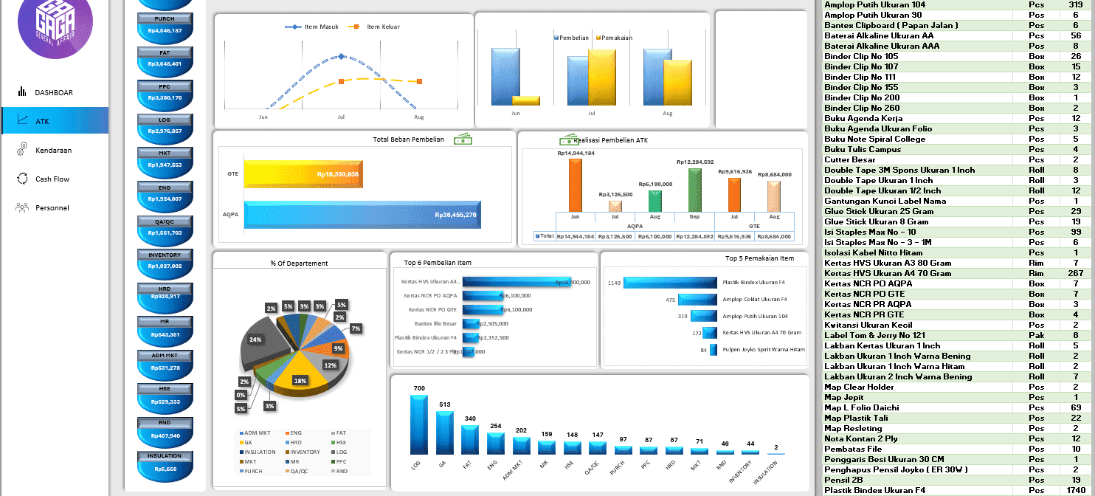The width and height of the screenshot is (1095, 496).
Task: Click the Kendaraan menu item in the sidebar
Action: [x=53, y=151]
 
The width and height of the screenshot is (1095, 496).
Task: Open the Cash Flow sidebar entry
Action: [x=52, y=179]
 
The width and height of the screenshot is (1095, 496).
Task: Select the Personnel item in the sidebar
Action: [x=52, y=208]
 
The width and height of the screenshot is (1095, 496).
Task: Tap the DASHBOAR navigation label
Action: [x=53, y=93]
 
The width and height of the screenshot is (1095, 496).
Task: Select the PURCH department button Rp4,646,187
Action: [x=165, y=30]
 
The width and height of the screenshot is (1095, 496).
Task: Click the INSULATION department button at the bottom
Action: [x=165, y=466]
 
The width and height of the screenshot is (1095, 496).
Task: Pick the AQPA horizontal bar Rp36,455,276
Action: [x=362, y=214]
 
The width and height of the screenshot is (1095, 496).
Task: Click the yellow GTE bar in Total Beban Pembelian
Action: [x=303, y=174]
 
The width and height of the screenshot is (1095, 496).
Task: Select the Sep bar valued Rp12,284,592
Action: [x=694, y=190]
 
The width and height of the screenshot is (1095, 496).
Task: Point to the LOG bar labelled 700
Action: [x=419, y=424]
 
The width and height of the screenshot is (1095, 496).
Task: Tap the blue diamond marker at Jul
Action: [x=341, y=57]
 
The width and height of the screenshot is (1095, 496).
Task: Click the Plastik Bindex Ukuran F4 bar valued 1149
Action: [x=670, y=283]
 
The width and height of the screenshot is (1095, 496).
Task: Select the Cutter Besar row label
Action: [x=849, y=159]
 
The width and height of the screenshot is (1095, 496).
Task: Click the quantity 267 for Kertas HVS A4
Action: [x=1075, y=273]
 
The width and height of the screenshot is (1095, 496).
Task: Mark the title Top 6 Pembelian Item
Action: [x=438, y=263]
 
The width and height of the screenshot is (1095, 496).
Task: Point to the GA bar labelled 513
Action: [x=444, y=433]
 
